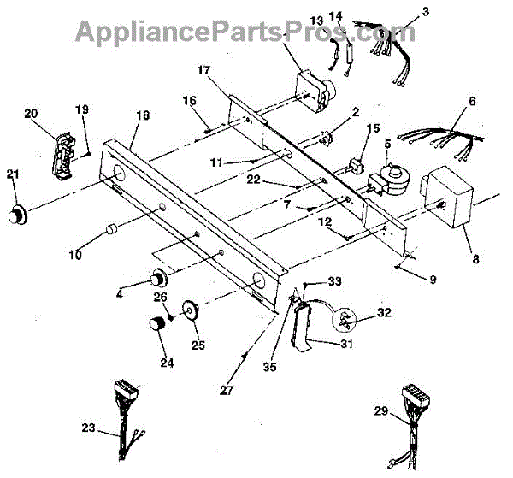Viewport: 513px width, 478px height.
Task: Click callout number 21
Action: pos(12,174)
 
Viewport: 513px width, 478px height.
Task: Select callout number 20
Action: pos(31,113)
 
